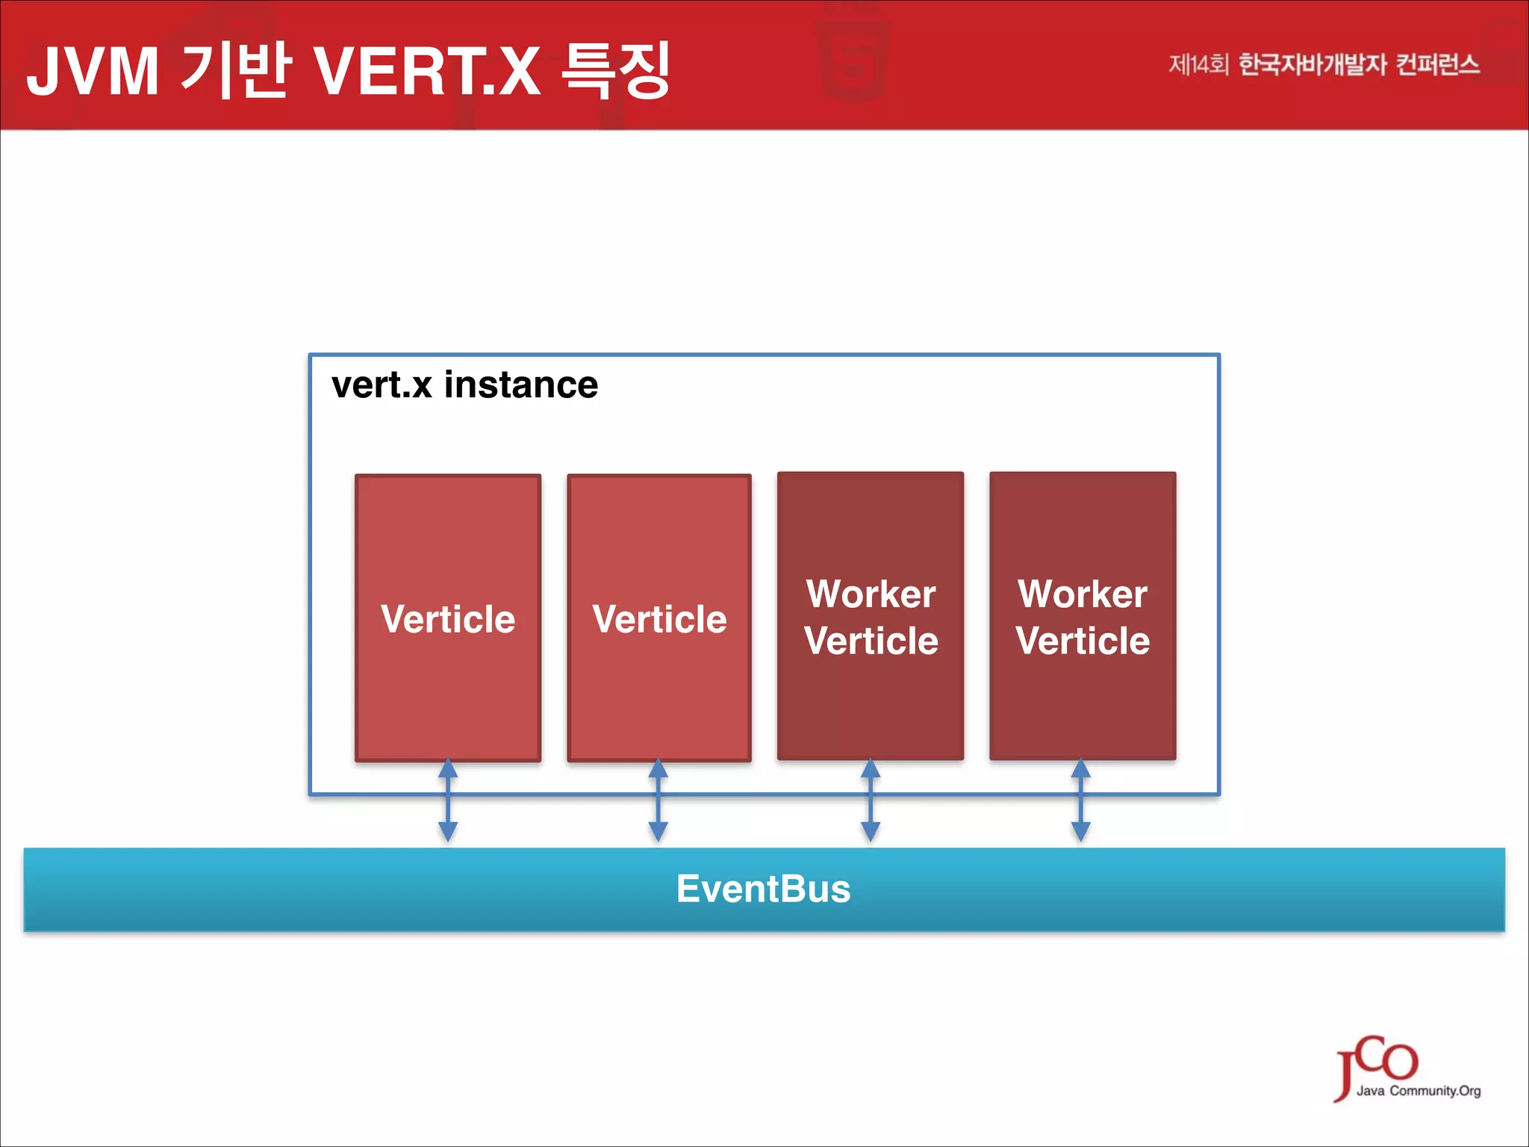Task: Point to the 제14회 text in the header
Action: coord(1198,65)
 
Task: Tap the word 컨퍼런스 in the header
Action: coord(1437,65)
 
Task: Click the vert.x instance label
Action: coord(464,385)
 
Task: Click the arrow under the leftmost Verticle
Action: coord(448,801)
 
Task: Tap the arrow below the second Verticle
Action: coord(658,801)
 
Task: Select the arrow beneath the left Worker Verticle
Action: coord(871,801)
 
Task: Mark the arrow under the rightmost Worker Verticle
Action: coord(1081,801)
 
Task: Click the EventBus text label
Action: coord(763,889)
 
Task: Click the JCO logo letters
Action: coord(1377,1060)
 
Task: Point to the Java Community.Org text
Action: coord(1419,1091)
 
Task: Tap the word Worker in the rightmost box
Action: coord(1083,594)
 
